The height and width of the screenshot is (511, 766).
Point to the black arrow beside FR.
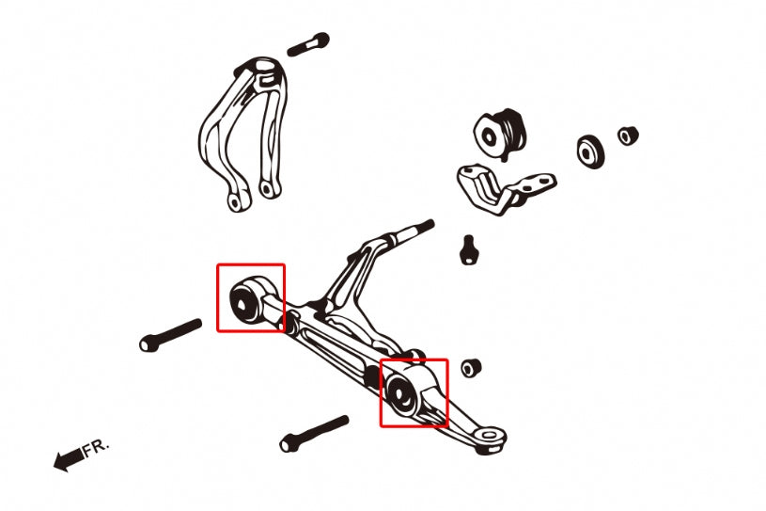click(67, 460)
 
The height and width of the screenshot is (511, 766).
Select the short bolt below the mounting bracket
click(467, 249)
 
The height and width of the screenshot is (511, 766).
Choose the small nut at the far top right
click(628, 135)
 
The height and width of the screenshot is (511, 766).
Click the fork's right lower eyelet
click(268, 189)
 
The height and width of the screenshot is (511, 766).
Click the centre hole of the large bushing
click(491, 136)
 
